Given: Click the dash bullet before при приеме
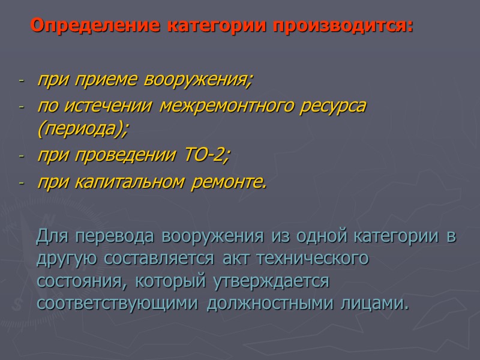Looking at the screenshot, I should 22,80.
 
